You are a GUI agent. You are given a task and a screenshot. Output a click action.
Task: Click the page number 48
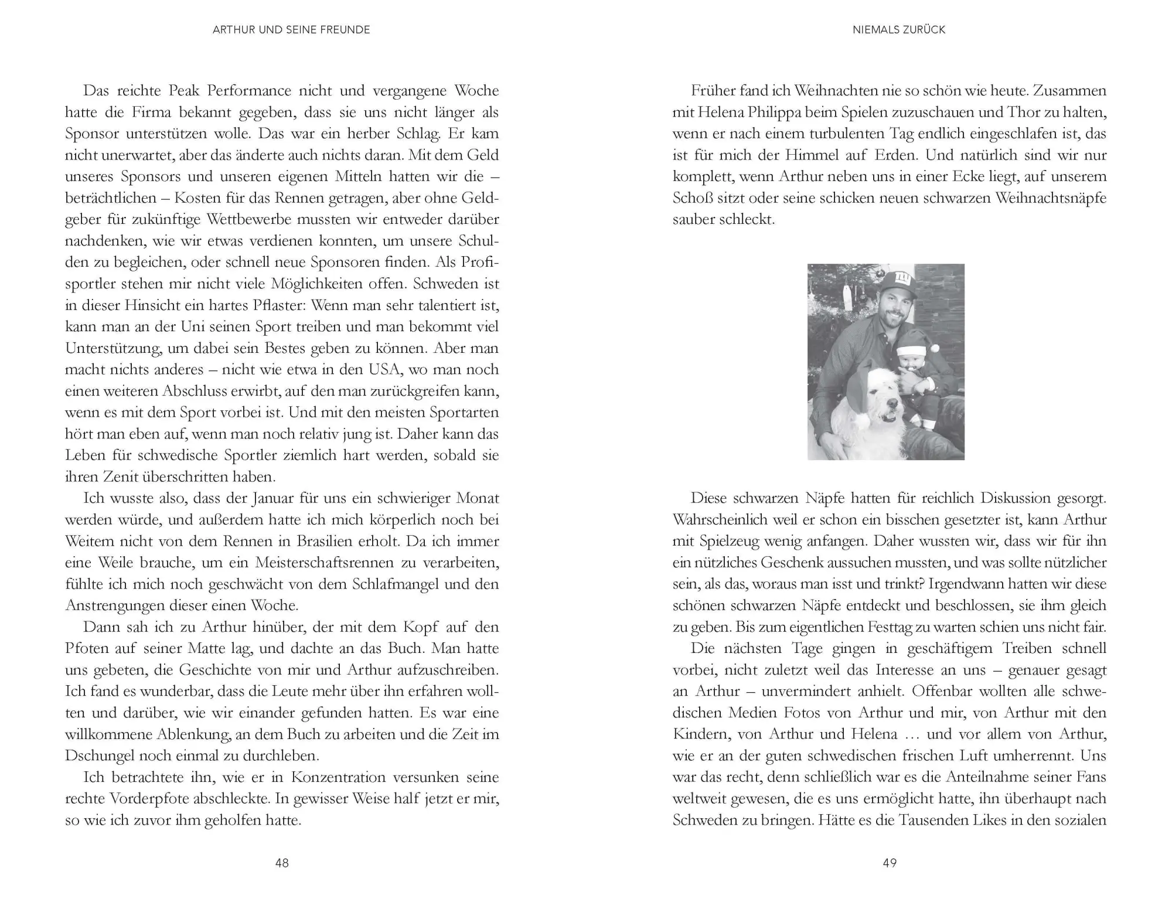tap(282, 863)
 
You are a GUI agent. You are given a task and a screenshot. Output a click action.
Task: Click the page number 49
tap(890, 863)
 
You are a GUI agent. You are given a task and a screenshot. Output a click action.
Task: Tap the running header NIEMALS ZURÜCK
tap(899, 30)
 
